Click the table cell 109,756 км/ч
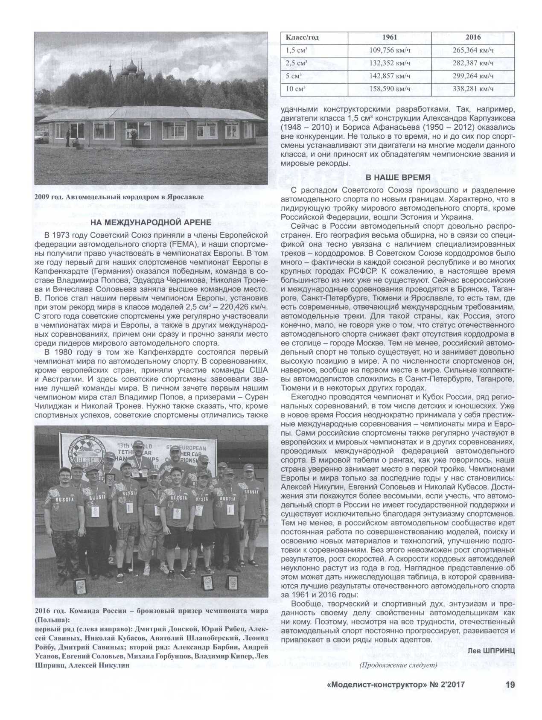390,50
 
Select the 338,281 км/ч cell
473,89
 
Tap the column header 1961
390,37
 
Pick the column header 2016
473,37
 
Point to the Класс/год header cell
302,37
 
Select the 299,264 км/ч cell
473,76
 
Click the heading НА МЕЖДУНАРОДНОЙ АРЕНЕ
151,222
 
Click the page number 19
510,684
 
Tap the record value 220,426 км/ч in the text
240,307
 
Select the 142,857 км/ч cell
390,76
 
